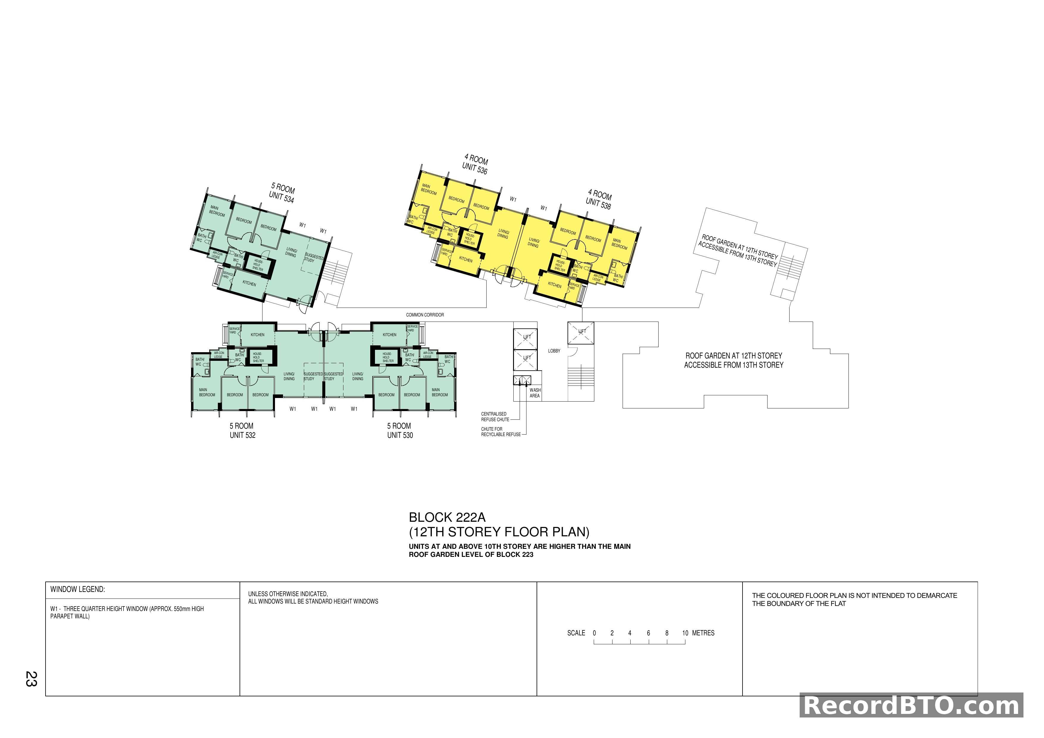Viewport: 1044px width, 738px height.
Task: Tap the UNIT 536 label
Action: click(474, 169)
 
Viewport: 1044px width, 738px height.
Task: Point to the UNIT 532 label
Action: click(242, 435)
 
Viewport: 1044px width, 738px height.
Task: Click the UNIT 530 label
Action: click(400, 435)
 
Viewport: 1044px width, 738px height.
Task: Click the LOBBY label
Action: click(554, 351)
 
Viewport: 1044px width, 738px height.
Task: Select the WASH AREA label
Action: click(535, 393)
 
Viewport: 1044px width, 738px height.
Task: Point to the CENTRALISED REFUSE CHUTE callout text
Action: click(495, 417)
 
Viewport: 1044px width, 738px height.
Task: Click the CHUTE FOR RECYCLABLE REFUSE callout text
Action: click(500, 432)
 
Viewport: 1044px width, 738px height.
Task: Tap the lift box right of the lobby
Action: click(581, 333)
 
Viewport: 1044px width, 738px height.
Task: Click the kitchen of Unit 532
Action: click(257, 335)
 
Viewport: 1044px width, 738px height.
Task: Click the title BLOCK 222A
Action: click(447, 518)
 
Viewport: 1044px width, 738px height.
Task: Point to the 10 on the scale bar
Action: click(685, 633)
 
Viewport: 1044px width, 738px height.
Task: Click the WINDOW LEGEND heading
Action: click(77, 589)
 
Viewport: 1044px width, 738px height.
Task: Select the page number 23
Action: click(31, 679)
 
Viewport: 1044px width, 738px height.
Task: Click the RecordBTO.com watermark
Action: click(911, 706)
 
